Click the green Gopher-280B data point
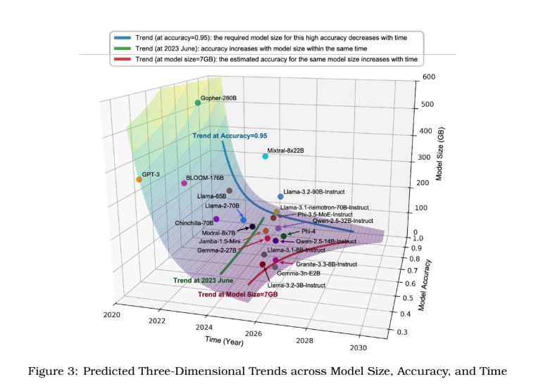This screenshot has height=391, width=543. tap(198, 103)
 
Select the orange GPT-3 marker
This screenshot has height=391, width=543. tap(139, 179)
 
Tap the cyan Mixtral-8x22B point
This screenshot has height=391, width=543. tap(266, 156)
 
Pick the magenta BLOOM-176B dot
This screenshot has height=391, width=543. tap(185, 183)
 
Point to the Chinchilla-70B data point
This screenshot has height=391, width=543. tap(216, 219)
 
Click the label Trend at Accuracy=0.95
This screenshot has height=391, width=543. tap(230, 135)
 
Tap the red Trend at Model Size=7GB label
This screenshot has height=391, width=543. tap(237, 294)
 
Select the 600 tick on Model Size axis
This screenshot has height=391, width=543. tap(429, 77)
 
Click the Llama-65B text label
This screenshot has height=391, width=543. tap(211, 196)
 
